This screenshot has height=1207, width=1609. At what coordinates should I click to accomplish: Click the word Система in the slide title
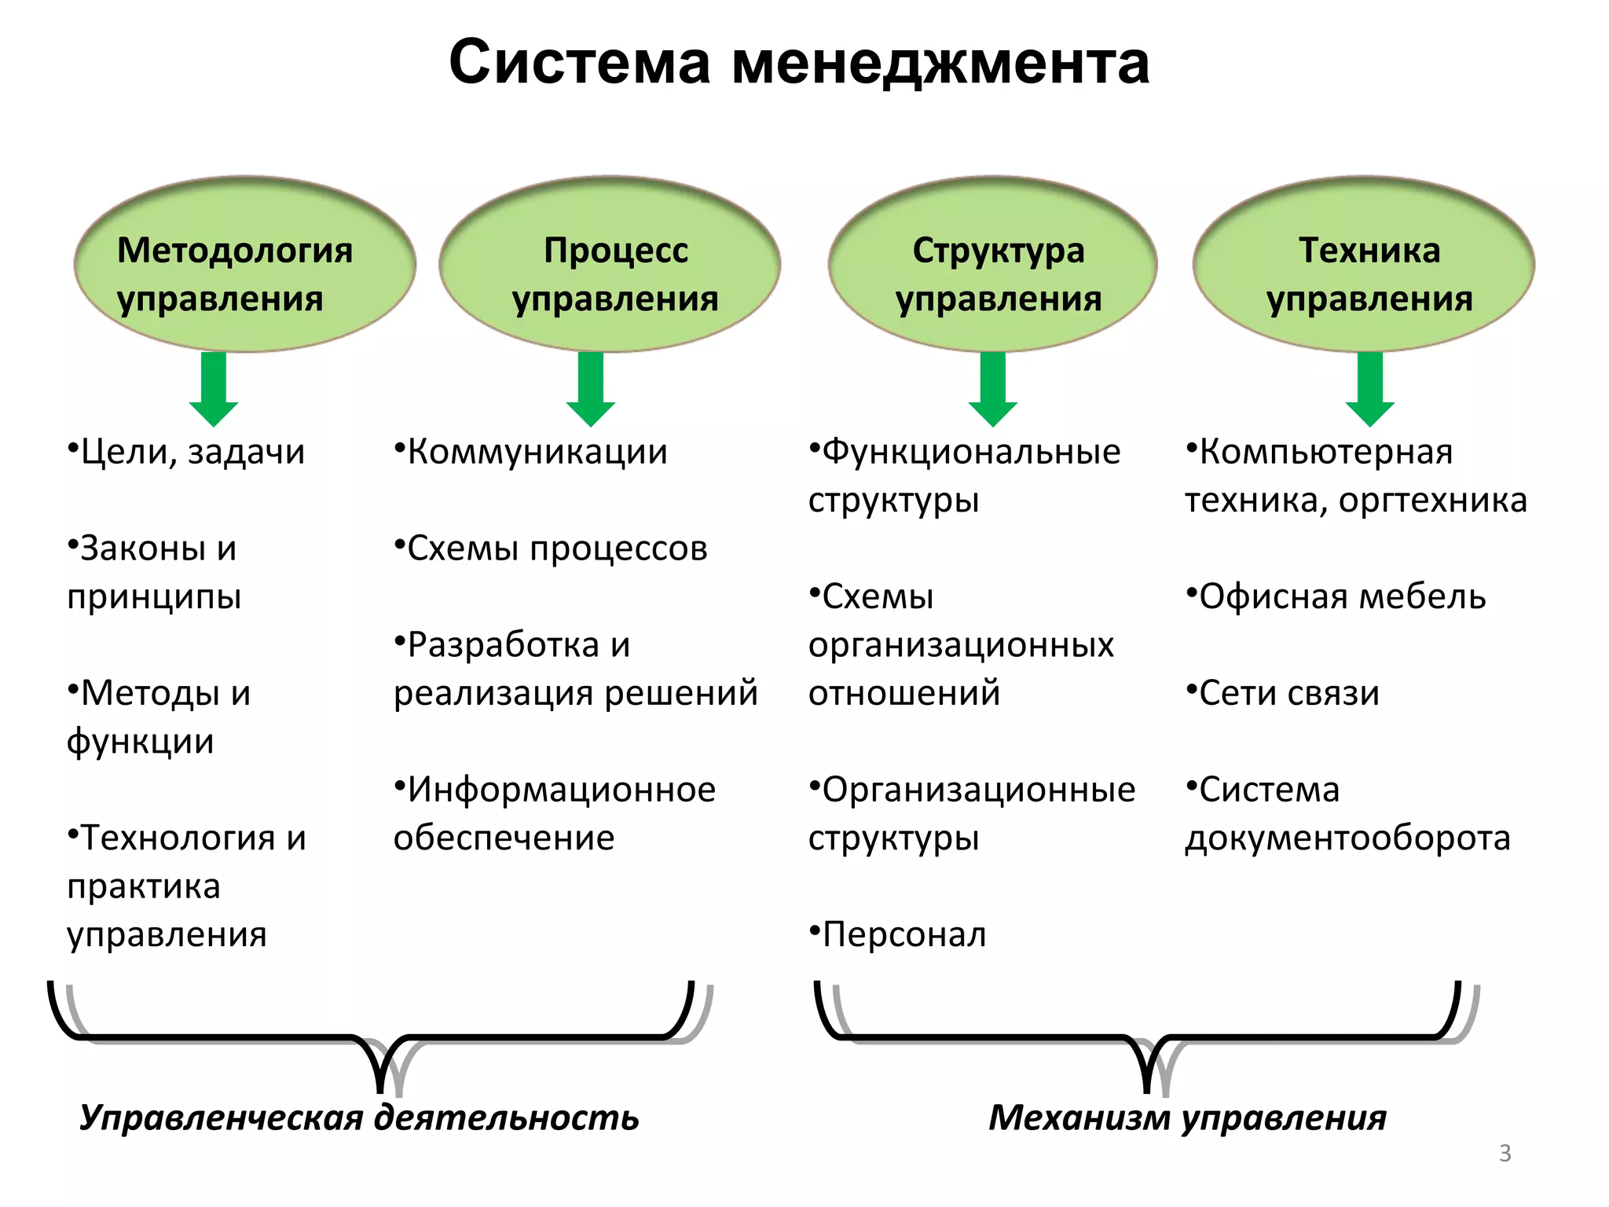coord(579,63)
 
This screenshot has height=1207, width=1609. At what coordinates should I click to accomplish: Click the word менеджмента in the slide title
coord(940,63)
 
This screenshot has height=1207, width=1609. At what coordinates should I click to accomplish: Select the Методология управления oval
coord(244,265)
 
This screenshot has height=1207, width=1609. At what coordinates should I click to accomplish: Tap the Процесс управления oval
coord(610,265)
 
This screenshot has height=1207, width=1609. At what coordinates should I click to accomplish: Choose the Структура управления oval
coord(992,265)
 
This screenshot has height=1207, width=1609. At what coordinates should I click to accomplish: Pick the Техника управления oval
coord(1363,265)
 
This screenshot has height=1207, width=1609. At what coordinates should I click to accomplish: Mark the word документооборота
coord(1347,838)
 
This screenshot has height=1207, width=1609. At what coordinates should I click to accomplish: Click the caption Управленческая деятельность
coord(359,1117)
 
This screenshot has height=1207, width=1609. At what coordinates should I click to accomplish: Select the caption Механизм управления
coord(1187,1117)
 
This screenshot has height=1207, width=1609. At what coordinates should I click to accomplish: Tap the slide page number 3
coord(1505,1153)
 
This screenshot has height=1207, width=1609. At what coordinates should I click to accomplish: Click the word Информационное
coord(561,790)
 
